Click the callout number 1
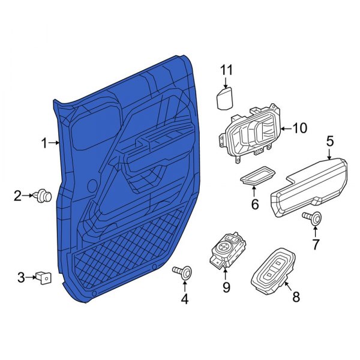point(44,143)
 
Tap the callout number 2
point(18,195)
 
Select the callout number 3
point(21,277)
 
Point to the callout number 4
point(185,298)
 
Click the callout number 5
point(329,142)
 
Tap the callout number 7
point(316,244)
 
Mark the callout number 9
point(226,288)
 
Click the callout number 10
point(299,128)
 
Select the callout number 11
point(226,71)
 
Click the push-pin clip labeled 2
point(44,195)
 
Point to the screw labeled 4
point(184,274)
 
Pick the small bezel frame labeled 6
point(255,176)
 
